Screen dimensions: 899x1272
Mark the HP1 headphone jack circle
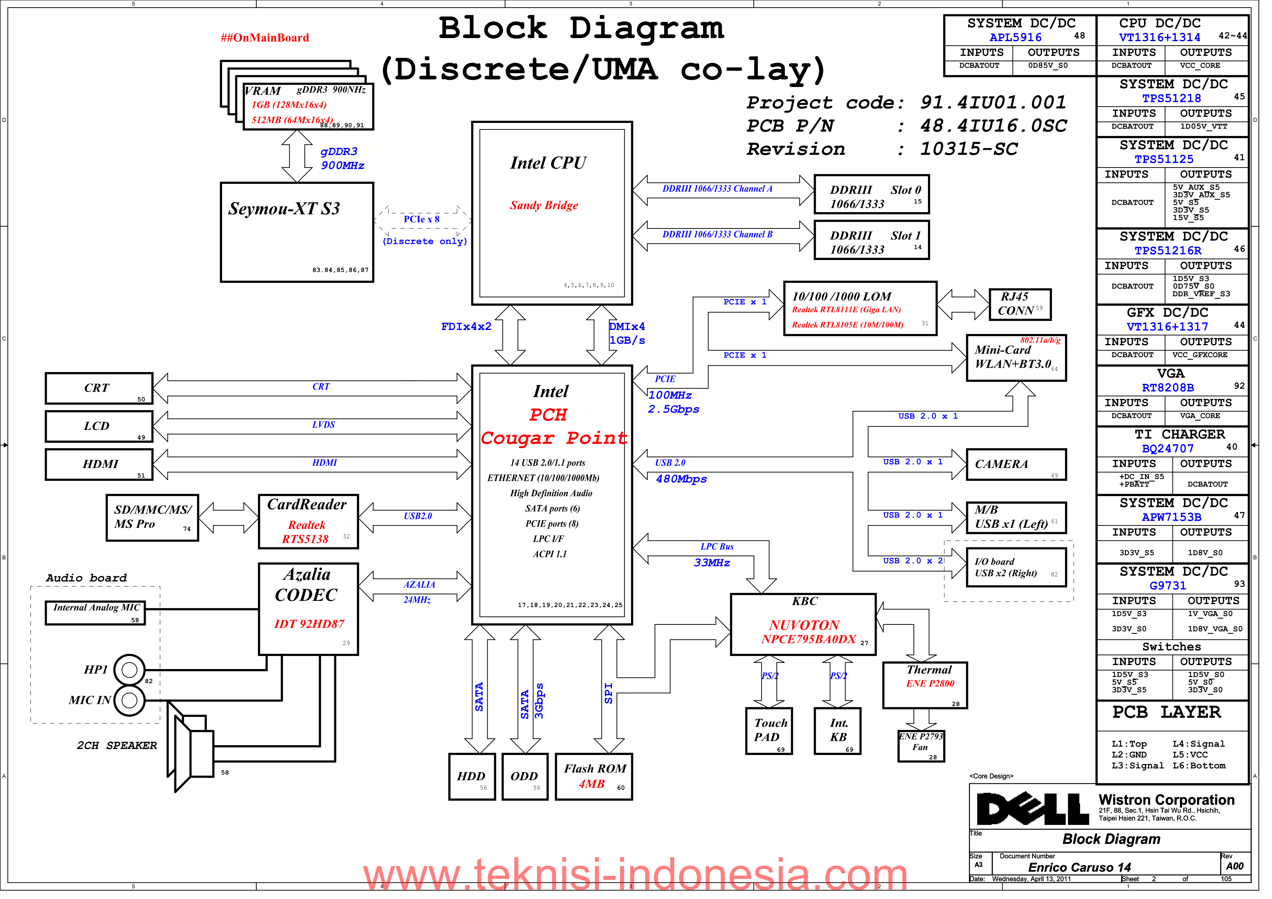click(x=130, y=676)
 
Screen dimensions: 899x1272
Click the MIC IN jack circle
click(x=130, y=707)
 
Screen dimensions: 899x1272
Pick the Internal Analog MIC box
click(x=96, y=618)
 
